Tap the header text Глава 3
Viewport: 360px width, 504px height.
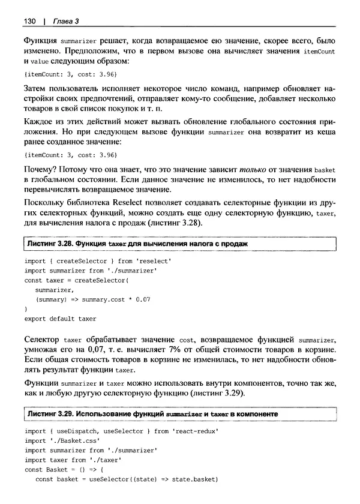(x=66, y=22)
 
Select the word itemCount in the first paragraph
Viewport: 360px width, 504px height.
(x=318, y=52)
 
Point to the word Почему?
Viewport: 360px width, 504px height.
(x=40, y=170)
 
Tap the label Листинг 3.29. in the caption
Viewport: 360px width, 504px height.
(x=51, y=415)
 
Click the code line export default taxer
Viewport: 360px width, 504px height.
(x=60, y=318)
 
